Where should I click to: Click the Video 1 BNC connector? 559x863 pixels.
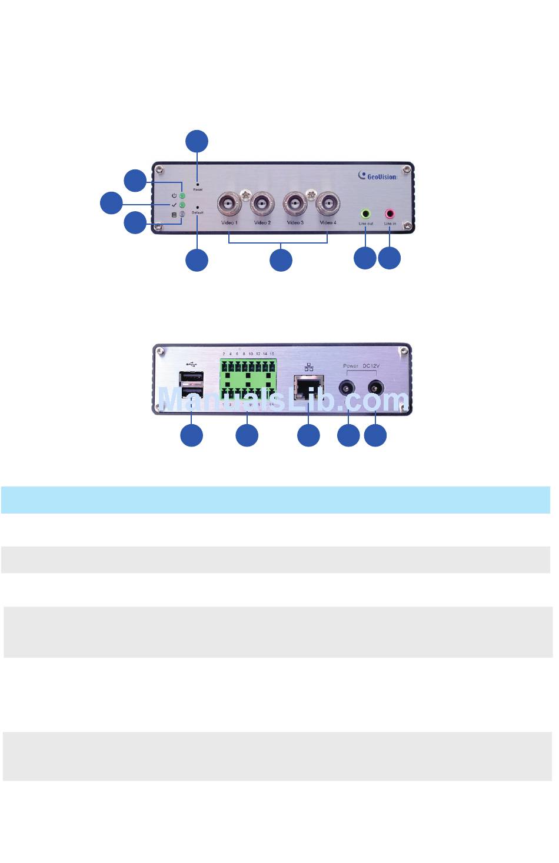229,205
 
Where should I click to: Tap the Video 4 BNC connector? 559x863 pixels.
327,205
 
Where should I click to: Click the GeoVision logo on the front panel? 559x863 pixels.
378,175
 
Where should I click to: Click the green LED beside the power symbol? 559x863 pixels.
182,195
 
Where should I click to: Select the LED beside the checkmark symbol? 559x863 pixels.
182,205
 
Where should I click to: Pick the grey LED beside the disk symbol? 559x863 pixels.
182,214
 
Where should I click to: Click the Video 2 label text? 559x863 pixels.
262,223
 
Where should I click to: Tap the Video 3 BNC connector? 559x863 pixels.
295,205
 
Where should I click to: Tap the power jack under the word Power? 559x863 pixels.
349,388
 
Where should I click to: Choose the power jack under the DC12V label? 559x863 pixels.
375,388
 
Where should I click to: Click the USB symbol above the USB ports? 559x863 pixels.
191,364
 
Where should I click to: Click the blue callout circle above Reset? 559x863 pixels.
197,142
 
